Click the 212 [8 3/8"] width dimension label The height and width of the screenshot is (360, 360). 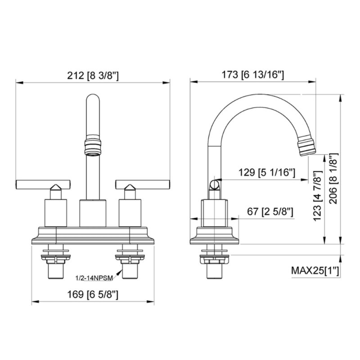click(x=94, y=75)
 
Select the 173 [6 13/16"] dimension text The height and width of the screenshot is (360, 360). click(x=253, y=75)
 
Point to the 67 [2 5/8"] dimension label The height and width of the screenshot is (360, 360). click(x=270, y=211)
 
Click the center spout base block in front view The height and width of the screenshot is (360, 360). click(x=93, y=212)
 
